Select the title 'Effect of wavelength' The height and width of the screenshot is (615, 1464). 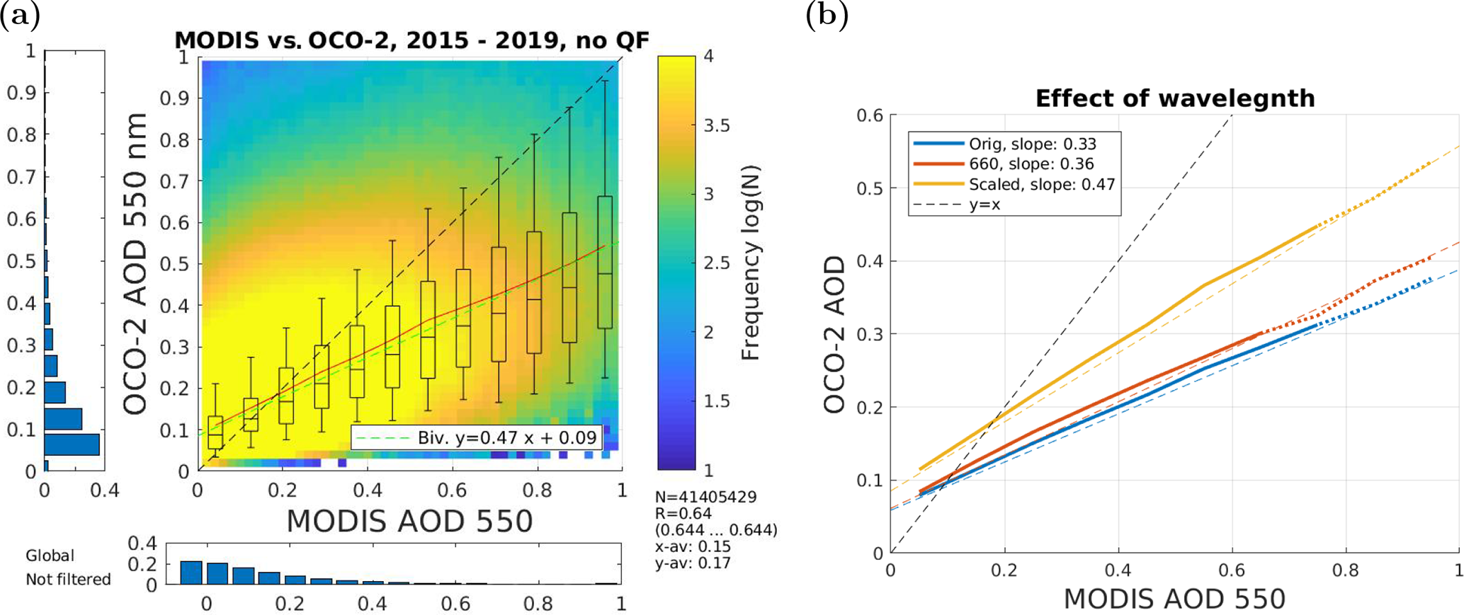point(1174,98)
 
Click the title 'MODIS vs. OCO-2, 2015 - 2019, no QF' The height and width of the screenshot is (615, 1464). point(412,40)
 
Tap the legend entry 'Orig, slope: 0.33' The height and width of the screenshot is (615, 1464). point(1032,144)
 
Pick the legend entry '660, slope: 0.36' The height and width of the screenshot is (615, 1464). point(1031,164)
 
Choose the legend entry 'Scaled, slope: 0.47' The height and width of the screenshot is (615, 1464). point(1041,185)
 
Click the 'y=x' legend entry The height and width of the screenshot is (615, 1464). point(984,205)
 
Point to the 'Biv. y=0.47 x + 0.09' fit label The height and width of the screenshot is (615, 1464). point(506,437)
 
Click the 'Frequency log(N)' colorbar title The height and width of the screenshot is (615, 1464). point(750,263)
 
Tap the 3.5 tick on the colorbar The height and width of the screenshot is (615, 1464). point(716,125)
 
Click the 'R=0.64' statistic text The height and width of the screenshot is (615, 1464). point(683,513)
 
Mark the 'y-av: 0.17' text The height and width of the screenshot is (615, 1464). point(692,563)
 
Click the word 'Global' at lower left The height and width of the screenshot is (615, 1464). point(50,556)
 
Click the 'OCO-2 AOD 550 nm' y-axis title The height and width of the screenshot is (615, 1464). point(135,263)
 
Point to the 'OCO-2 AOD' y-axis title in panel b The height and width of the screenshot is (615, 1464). point(834,334)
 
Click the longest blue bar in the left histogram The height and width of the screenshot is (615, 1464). point(72,444)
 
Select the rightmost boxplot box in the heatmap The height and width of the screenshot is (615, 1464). point(605,262)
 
